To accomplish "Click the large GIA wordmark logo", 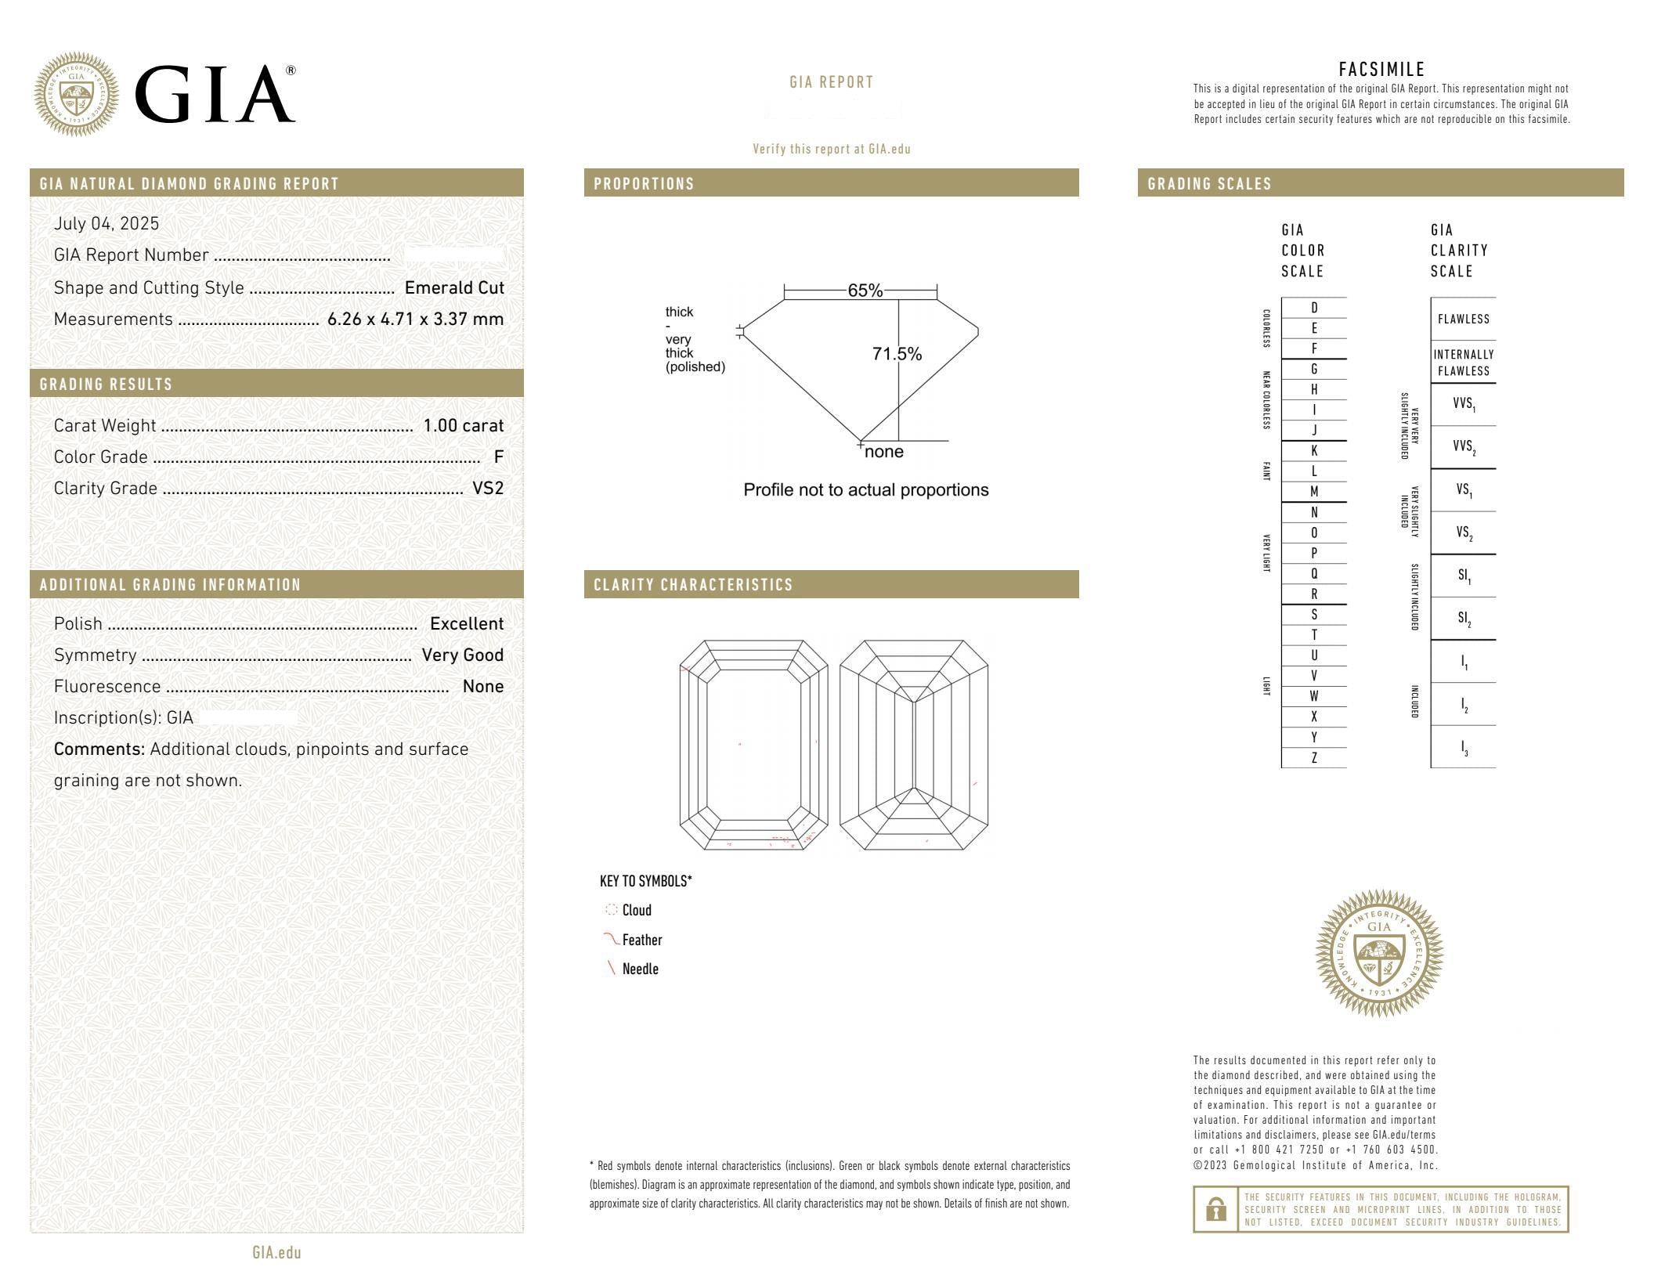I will [x=215, y=94].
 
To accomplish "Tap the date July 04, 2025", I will [x=107, y=224].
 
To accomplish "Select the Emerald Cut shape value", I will [x=454, y=288].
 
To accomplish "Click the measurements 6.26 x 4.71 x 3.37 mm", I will [x=415, y=319].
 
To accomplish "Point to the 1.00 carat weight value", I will [x=463, y=426].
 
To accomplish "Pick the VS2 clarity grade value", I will [x=488, y=489].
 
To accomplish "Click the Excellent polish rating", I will [x=467, y=624].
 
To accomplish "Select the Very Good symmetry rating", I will [x=462, y=655].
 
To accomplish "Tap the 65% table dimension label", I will [x=865, y=291].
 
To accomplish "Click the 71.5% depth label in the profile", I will [x=897, y=354].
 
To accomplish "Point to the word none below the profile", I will [x=884, y=452].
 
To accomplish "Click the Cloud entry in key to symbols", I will [x=636, y=910].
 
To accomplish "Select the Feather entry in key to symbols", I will [x=641, y=940].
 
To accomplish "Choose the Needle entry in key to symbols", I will [x=640, y=969].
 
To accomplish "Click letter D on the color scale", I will [x=1314, y=308].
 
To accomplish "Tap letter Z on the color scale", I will [x=1314, y=758].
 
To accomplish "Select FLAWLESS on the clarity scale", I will [x=1463, y=319].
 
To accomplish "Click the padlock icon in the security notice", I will [x=1215, y=1210].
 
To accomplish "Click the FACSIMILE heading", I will [x=1381, y=70].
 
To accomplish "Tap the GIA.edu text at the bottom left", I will [x=276, y=1253].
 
